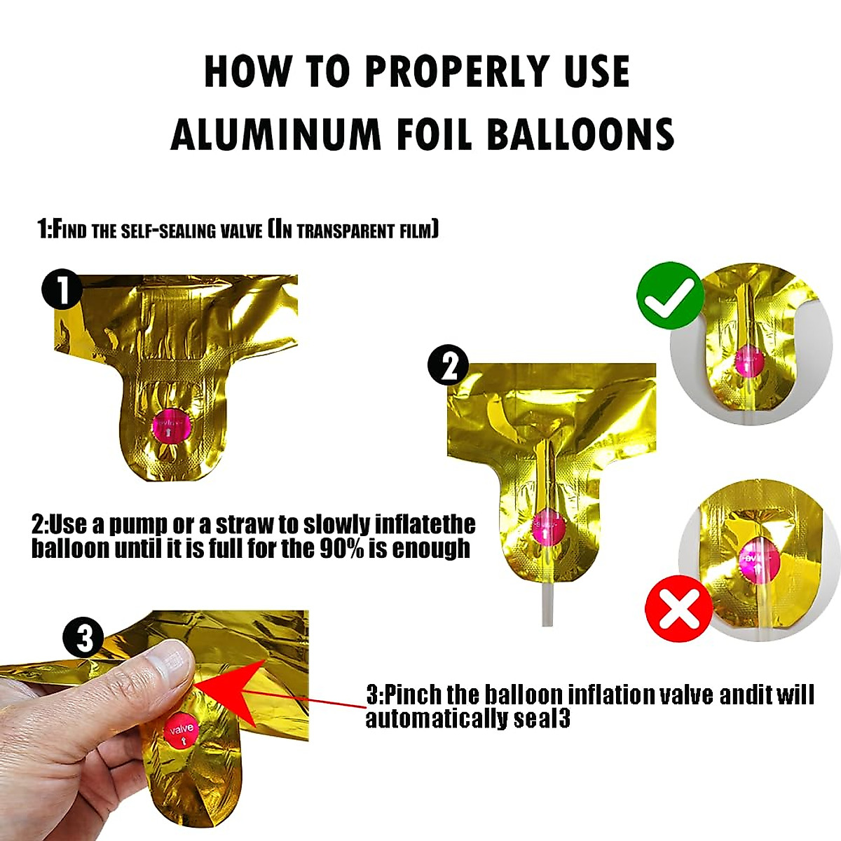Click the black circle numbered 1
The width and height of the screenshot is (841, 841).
pyautogui.click(x=62, y=289)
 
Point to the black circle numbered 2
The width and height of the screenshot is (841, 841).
pyautogui.click(x=449, y=366)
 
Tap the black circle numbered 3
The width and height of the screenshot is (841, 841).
pyautogui.click(x=83, y=638)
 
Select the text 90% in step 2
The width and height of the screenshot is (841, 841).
pyautogui.click(x=342, y=548)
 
